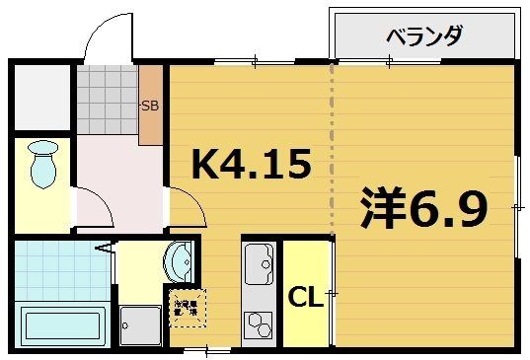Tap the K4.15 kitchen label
pos(251,164)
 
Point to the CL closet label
pos(305,296)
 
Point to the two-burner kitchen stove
pos(258,322)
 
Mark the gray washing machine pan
pos(139,324)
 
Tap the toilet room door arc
pos(91,207)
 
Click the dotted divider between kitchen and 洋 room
pos(333,148)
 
